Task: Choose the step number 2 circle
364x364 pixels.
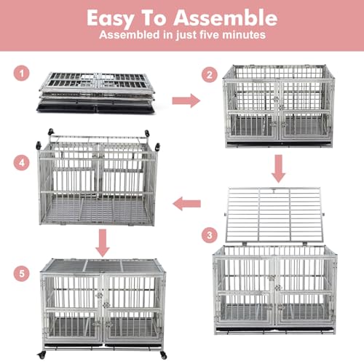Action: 210,74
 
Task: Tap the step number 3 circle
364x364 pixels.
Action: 210,235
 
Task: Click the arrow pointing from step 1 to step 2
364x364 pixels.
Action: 186,100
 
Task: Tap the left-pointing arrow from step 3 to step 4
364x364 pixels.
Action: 186,205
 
